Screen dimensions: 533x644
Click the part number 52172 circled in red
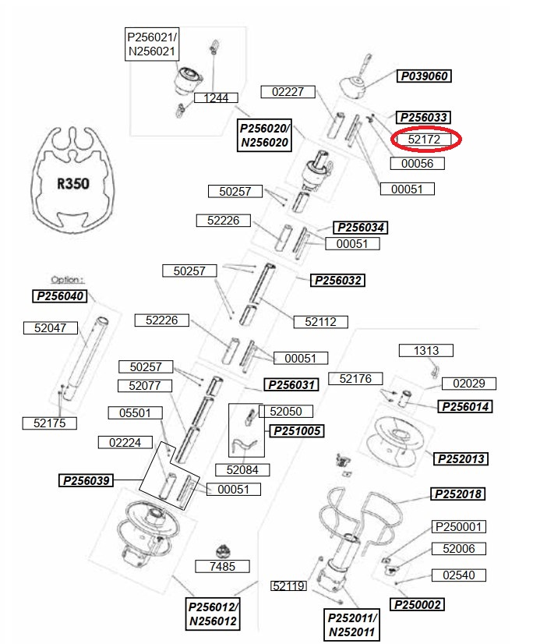[424, 140]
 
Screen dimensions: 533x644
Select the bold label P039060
[424, 76]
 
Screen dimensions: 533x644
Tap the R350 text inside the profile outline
[73, 183]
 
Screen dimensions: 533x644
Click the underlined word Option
[67, 280]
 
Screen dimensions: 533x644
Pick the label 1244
[216, 97]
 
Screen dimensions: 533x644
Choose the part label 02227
[288, 92]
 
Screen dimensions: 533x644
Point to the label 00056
[417, 164]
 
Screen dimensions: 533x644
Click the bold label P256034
[360, 228]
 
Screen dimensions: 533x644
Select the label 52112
[321, 322]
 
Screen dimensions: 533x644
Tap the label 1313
[426, 351]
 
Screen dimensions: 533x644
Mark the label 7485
[222, 566]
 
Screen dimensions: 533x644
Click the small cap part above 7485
[223, 551]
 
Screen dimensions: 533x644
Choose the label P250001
[459, 526]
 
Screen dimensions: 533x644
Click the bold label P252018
[457, 494]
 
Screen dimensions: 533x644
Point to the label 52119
[288, 586]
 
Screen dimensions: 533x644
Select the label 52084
[242, 470]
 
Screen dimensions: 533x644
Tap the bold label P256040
[59, 296]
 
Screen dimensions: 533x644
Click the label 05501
[135, 412]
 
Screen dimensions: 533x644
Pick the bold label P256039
[86, 480]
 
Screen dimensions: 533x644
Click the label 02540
[459, 575]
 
